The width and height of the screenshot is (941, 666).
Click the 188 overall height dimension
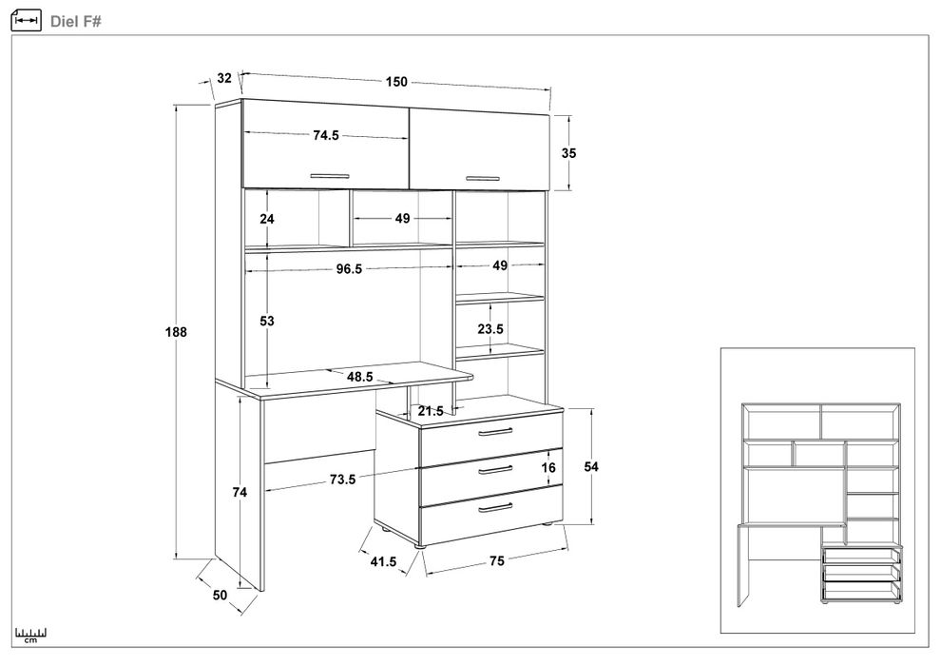(174, 333)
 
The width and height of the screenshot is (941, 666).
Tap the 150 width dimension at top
(396, 82)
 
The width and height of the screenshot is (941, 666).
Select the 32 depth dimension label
(224, 78)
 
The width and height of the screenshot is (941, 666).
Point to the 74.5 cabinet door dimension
(326, 136)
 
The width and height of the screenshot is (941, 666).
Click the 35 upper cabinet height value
(569, 152)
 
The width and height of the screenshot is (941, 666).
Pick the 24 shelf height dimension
(267, 219)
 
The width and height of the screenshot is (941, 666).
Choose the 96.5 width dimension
(349, 269)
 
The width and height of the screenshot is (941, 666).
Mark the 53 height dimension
(267, 322)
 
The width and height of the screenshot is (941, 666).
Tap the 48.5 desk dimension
(359, 377)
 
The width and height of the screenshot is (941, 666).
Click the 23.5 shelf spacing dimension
(490, 329)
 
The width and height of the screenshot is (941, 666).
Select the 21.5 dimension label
(432, 411)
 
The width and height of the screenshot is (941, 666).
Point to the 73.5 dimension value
(342, 480)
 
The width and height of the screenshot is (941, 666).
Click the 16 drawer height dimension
(548, 467)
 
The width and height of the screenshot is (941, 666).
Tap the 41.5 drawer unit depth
(383, 562)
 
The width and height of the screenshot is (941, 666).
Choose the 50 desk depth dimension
(220, 595)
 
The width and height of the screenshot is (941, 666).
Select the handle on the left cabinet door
(331, 175)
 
